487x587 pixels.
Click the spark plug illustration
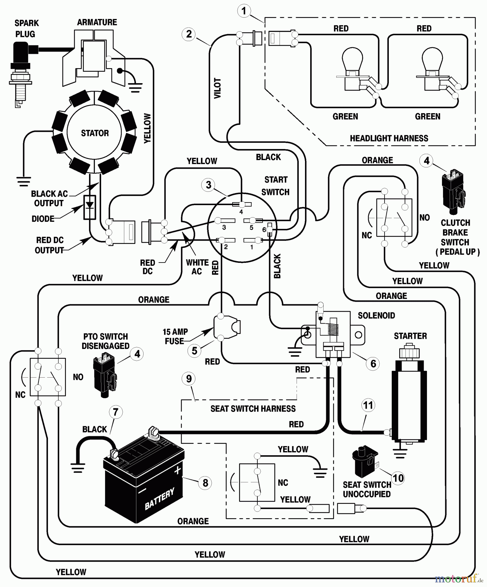tap(21, 72)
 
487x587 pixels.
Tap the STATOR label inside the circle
tap(95, 133)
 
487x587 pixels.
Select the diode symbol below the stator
tap(90, 207)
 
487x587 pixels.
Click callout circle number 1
tap(243, 11)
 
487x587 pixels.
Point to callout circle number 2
tap(189, 34)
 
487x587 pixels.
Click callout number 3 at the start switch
tap(208, 185)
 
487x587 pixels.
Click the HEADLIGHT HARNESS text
tap(389, 138)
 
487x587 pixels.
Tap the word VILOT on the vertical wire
tap(217, 88)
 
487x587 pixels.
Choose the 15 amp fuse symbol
tap(227, 327)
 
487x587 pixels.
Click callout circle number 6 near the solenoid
tap(373, 364)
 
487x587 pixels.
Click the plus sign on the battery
tap(177, 470)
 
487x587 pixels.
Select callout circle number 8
tap(205, 483)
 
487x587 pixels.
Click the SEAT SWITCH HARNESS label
tap(253, 409)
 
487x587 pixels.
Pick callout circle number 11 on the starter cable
tap(368, 405)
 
